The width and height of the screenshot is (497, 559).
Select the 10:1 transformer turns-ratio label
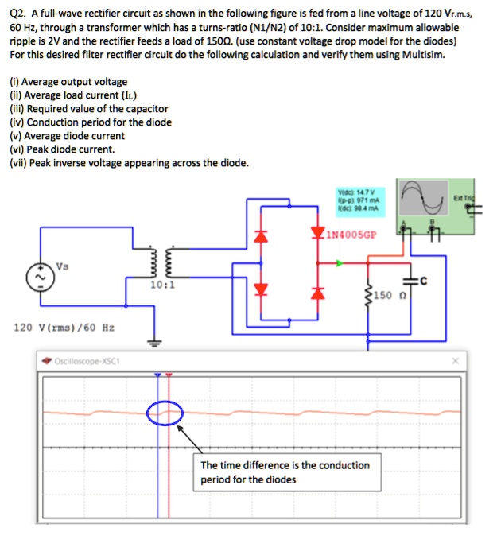161,283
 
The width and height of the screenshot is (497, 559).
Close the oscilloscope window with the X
456,359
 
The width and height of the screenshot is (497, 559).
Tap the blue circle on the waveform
165,412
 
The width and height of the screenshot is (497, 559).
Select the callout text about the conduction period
285,472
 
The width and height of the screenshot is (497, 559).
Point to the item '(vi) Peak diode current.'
62,149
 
